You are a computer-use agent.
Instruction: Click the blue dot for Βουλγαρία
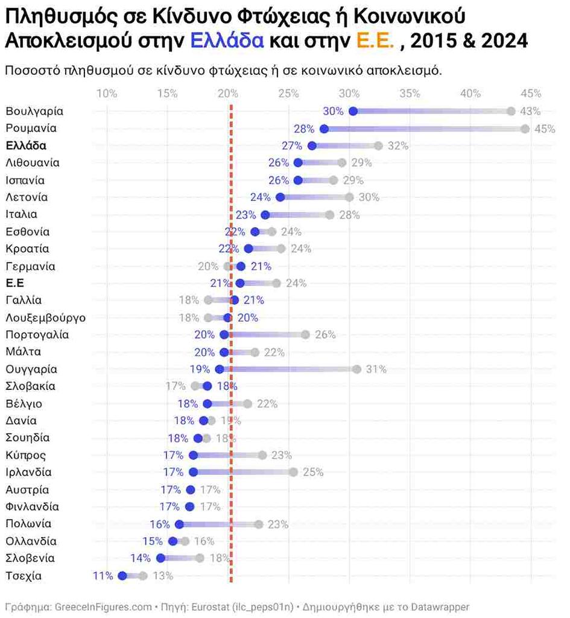pos(353,111)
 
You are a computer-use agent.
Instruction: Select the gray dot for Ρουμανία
pos(525,129)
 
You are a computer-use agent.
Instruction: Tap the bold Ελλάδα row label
pos(26,145)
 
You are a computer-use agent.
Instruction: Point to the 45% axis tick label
pos(531,94)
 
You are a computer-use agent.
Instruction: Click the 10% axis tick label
pos(107,94)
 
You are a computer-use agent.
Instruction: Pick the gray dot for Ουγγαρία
pos(356,369)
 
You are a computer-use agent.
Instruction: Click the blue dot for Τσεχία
pos(122,576)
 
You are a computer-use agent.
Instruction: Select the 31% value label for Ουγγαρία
pos(376,369)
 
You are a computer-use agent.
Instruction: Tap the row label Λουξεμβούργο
pos(45,317)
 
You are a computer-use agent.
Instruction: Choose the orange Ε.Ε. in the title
pos(375,40)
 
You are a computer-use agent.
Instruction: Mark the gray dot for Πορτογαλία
pos(305,334)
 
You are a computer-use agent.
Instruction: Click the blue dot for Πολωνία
pos(179,524)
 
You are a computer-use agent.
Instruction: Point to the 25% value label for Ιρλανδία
pos(313,472)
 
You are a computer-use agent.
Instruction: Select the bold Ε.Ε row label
pos(14,283)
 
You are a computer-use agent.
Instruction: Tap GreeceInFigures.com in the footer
pos(103,607)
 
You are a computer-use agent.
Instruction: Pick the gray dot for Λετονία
pos(349,197)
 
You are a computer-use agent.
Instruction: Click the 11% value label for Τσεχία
pos(103,576)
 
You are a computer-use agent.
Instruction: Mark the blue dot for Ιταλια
pos(265,214)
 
